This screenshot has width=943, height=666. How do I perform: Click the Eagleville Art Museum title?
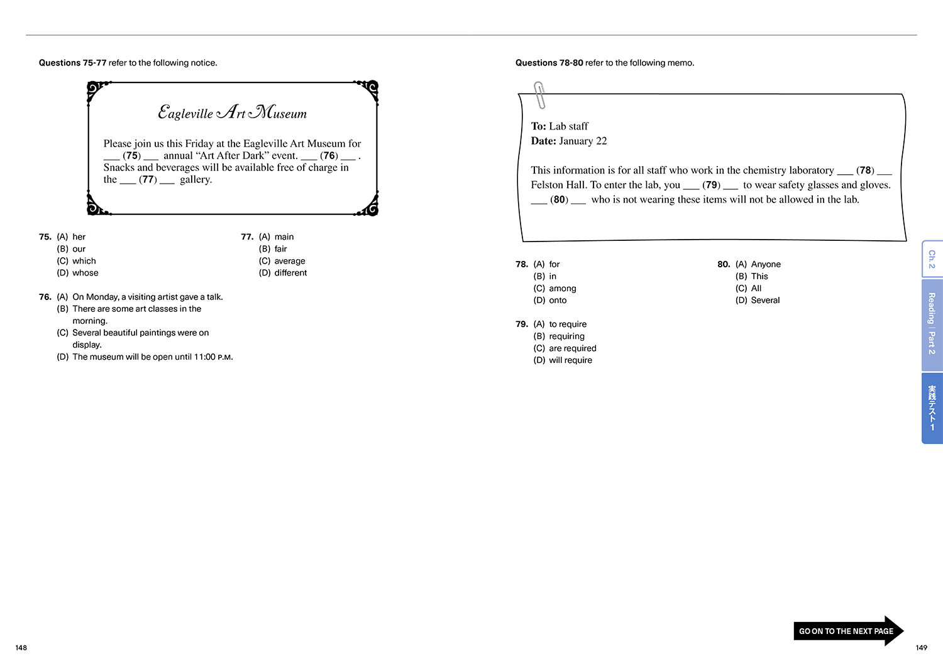(233, 113)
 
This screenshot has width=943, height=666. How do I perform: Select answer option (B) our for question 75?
(71, 249)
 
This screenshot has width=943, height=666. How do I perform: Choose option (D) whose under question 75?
(77, 273)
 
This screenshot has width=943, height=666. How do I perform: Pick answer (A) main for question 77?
(276, 237)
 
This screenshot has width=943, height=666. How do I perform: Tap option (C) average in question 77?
(282, 261)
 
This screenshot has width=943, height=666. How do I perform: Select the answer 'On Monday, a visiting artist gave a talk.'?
(140, 297)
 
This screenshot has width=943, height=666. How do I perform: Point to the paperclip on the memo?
(539, 95)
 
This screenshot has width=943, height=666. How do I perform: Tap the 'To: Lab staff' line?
(560, 126)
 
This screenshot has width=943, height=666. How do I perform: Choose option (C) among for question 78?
(554, 289)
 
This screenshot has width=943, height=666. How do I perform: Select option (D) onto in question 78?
(550, 301)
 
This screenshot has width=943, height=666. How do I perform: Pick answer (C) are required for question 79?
(565, 348)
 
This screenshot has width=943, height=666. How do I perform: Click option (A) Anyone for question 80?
(758, 265)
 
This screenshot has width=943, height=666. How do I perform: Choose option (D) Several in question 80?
(758, 301)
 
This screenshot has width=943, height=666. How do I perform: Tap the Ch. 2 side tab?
(932, 259)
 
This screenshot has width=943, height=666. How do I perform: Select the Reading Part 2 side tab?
(932, 325)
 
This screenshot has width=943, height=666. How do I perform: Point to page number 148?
(21, 648)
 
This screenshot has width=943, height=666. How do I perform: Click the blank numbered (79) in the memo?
(711, 186)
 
